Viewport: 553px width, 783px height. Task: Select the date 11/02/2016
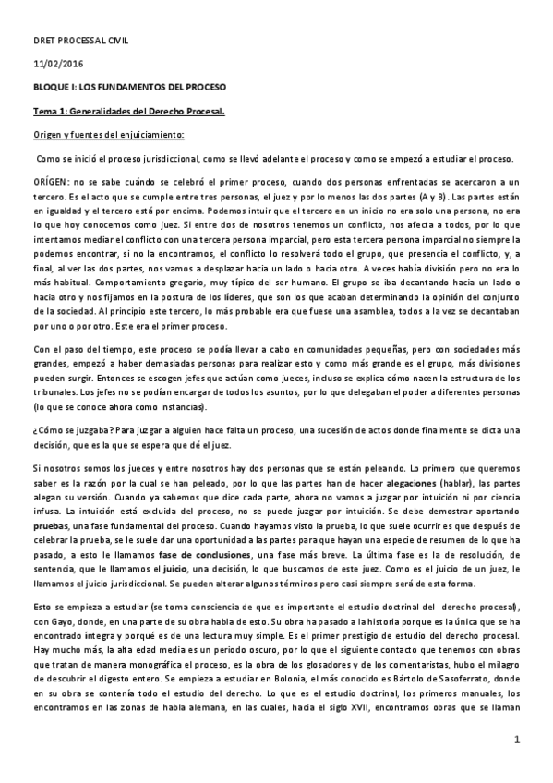tap(55, 64)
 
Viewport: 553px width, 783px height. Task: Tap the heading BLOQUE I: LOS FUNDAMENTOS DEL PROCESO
tap(129, 87)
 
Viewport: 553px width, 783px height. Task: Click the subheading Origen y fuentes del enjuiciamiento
tap(108, 135)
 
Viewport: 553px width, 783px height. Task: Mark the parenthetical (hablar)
tap(449, 458)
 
